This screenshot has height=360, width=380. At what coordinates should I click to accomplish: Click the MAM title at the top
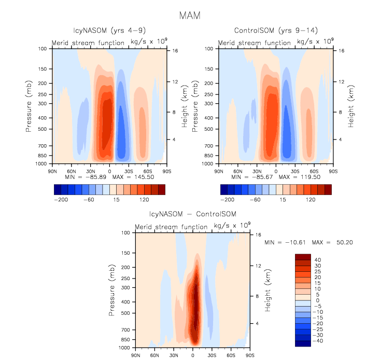(x=190, y=16)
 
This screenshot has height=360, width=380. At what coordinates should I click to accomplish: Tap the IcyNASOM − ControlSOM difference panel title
(x=192, y=215)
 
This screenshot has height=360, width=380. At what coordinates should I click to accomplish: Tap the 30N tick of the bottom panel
(x=173, y=355)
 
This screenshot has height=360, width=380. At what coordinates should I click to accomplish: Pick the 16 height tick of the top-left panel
(x=175, y=51)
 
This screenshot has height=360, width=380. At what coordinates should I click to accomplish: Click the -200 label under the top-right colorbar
(x=226, y=199)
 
